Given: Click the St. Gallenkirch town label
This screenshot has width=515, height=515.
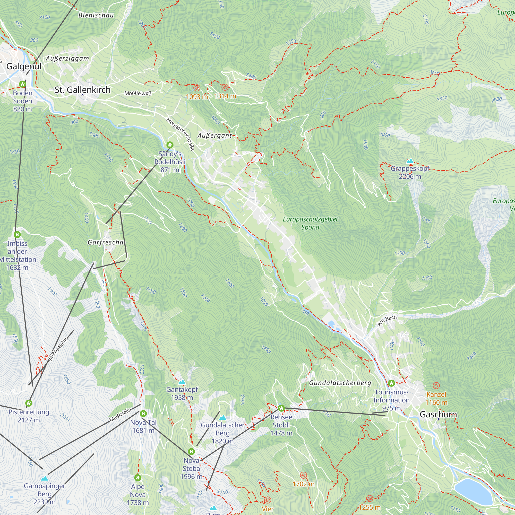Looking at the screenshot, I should click(x=83, y=90).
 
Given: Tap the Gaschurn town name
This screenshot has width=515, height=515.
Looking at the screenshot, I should click(x=438, y=414).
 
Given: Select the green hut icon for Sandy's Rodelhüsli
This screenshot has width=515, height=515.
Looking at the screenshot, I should click(x=170, y=145).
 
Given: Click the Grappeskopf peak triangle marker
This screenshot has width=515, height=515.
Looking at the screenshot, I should click(x=410, y=161).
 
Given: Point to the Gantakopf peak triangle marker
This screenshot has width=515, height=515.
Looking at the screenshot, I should click(x=182, y=382).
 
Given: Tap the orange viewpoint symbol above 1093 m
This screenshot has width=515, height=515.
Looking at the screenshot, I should click(x=197, y=88).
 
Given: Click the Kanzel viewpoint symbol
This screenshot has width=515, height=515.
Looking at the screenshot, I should click(x=436, y=385).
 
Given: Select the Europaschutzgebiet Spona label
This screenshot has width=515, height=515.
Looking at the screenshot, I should click(x=310, y=223).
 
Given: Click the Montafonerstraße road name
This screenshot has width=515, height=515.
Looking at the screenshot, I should click(x=181, y=134).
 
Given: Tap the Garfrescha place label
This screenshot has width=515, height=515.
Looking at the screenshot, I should click(x=106, y=242).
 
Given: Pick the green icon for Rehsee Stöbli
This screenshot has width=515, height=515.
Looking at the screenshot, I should click(x=281, y=408).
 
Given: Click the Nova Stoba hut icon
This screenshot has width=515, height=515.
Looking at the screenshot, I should click(x=191, y=452).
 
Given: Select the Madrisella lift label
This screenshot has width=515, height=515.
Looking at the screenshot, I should click(x=120, y=415).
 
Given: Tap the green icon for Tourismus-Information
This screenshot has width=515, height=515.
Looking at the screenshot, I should click(x=391, y=383).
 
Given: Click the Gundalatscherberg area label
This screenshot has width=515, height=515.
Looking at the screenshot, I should click(x=340, y=383).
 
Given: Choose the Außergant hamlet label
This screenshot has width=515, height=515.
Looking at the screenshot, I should click(x=214, y=136).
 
